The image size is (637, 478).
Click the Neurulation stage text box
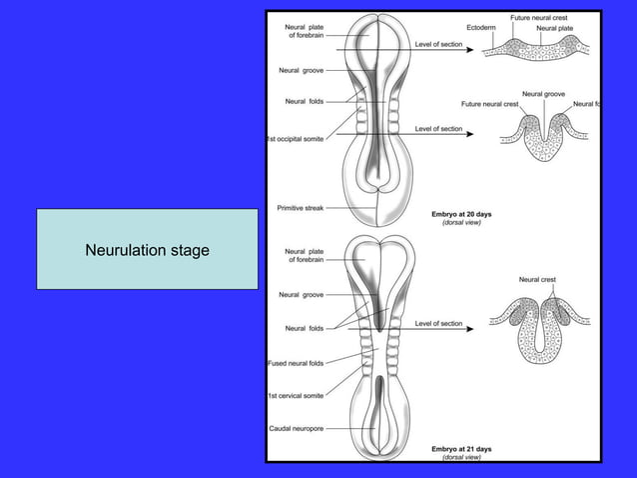(147, 249)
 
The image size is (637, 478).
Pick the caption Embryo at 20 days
(460, 213)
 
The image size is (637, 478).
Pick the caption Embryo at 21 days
(460, 449)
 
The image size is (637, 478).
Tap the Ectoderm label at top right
(485, 27)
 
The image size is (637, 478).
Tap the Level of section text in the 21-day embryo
(437, 323)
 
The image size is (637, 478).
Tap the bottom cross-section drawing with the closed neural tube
(540, 330)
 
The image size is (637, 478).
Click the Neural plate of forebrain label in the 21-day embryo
(304, 256)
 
